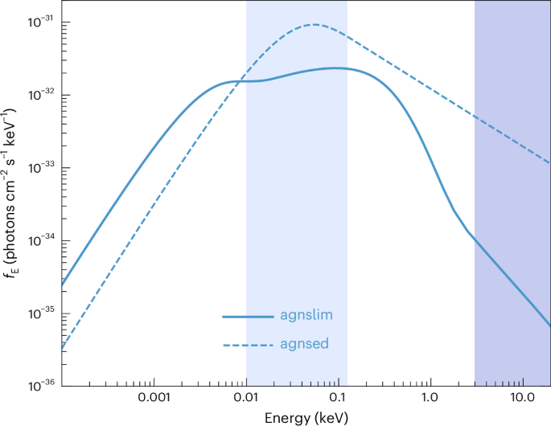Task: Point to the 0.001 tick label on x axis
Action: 154,398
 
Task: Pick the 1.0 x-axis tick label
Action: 430,398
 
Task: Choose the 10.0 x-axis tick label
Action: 523,398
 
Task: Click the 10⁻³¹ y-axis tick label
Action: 41,23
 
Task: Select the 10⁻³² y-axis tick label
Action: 41,95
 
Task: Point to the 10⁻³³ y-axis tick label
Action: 41,167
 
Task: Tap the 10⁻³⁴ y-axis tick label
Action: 41,240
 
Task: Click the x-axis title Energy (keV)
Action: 306,417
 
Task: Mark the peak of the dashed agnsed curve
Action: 314,24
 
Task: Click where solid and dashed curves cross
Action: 239,81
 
